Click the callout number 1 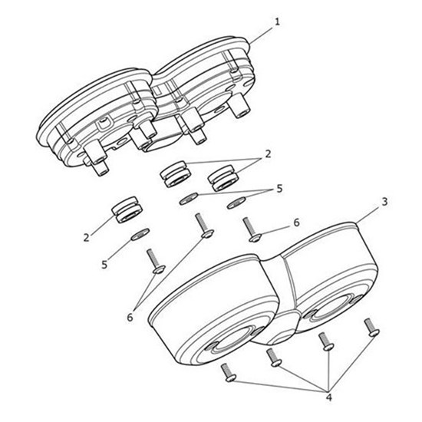tap(276, 21)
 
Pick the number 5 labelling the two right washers tap(280, 188)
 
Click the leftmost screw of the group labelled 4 tap(228, 374)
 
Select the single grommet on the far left tap(127, 209)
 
